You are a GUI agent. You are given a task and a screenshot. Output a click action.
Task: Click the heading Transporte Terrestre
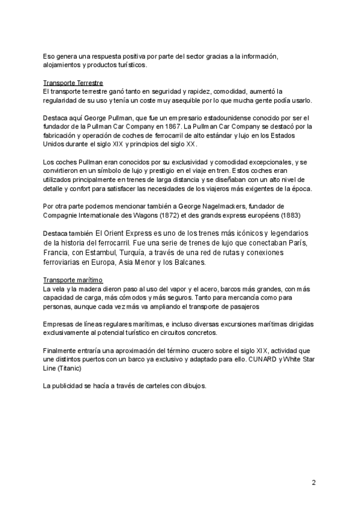(73, 82)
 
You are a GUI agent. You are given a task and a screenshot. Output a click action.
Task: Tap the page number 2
(313, 482)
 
